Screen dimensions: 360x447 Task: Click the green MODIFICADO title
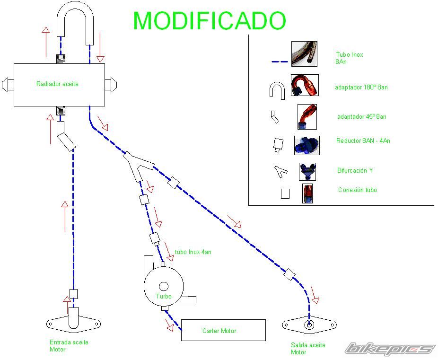(210, 21)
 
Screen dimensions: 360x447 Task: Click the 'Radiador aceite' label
(57, 84)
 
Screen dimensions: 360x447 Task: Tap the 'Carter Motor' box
(223, 330)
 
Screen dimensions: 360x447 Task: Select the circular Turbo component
(164, 286)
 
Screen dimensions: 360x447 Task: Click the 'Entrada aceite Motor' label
(69, 346)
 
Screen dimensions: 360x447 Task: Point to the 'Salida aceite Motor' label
(308, 349)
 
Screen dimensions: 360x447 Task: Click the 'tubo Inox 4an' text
(193, 252)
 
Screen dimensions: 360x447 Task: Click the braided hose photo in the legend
(304, 53)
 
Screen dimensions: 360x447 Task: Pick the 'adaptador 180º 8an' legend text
(361, 88)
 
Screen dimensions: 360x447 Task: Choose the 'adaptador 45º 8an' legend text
(361, 117)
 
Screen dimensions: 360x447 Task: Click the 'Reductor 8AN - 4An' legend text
(363, 141)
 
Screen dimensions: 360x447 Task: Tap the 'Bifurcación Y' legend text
(355, 170)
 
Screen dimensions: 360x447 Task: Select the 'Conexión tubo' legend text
(357, 190)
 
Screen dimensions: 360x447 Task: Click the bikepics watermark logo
(390, 349)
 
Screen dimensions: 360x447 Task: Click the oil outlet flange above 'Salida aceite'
(309, 325)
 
